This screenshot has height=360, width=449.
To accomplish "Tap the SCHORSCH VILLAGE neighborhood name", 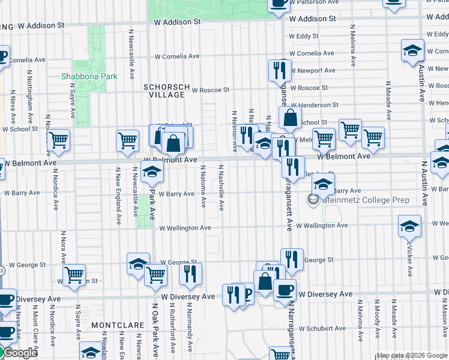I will (x=164, y=91).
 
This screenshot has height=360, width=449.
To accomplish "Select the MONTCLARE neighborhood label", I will (x=118, y=325).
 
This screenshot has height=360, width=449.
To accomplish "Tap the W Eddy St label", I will (x=304, y=36).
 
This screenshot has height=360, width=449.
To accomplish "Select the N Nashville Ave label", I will (x=221, y=188).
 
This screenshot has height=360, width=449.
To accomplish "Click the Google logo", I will (x=19, y=353).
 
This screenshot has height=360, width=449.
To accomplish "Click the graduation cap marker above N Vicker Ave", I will (x=409, y=226).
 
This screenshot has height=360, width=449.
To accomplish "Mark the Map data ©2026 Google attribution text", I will (x=411, y=355).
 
